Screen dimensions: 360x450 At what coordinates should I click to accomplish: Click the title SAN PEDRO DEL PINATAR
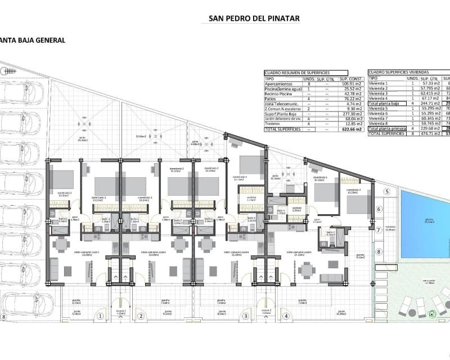coord(254,19)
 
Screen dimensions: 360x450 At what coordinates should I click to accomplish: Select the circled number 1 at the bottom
coord(100,316)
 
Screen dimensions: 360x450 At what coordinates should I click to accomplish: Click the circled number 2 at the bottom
coord(140,316)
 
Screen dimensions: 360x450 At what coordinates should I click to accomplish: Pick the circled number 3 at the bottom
coord(245,316)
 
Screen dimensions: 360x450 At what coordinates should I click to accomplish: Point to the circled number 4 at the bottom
coord(286,316)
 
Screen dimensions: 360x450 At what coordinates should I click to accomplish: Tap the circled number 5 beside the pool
coord(387,192)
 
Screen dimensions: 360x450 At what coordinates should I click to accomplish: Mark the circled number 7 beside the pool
coord(379,230)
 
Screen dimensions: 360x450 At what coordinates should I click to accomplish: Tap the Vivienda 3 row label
coord(379,94)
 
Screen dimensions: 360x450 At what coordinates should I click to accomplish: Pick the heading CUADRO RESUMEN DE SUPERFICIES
coord(298,73)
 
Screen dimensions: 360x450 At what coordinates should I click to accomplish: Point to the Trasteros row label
coord(275,124)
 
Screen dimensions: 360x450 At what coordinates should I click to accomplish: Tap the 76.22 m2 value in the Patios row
coord(349,98)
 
